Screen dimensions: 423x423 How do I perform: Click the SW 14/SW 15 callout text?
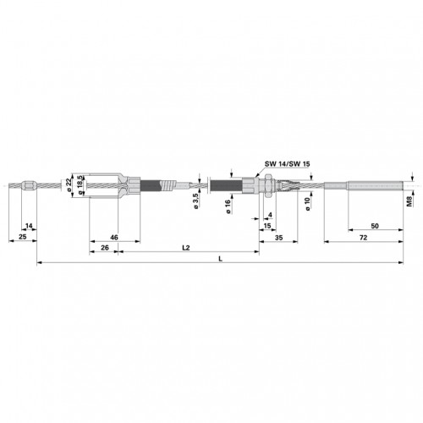coord(288,164)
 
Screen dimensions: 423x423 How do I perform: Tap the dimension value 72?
coord(363,238)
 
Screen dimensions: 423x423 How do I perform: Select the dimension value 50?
coord(375,226)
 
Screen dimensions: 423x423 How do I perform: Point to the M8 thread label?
coord(409,201)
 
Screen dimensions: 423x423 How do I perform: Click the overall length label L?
coord(221,259)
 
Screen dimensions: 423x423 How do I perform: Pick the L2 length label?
coord(186,248)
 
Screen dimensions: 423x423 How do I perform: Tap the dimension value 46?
coord(114,238)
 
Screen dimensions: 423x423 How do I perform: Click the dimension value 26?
coord(105,248)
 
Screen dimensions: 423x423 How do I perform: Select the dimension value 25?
coord(22,237)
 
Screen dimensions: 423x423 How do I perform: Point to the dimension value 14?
coord(29,226)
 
